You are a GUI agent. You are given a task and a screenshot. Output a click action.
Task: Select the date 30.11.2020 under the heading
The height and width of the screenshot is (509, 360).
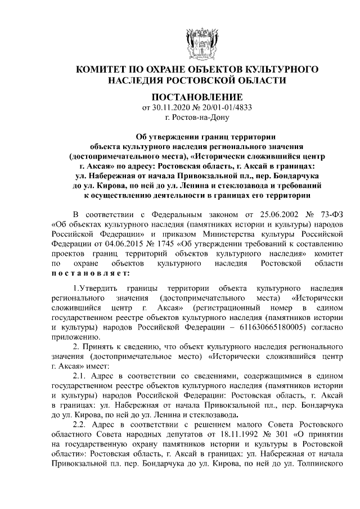point(171,107)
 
